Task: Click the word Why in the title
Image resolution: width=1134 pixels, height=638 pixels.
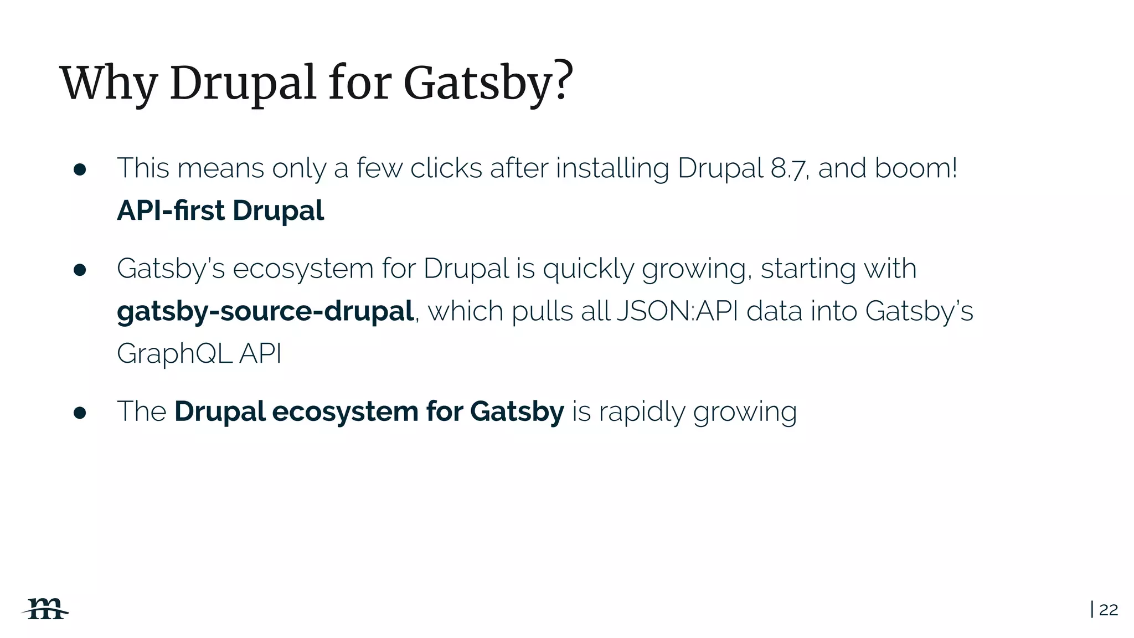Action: tap(109, 84)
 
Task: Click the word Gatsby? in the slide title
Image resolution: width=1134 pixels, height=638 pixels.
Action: tap(488, 84)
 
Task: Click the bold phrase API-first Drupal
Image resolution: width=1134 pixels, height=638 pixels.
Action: tap(220, 210)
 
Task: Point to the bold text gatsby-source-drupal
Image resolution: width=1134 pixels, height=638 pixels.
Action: tap(265, 311)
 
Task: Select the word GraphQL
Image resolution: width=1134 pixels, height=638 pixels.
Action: tap(174, 353)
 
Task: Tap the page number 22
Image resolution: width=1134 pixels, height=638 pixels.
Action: tap(1108, 610)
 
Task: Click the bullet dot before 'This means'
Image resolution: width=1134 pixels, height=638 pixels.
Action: tap(80, 169)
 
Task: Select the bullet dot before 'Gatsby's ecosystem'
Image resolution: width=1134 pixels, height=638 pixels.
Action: tap(80, 270)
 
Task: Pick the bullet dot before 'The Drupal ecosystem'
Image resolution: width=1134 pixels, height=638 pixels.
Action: tap(80, 413)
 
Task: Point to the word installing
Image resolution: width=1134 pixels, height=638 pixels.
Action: tap(612, 169)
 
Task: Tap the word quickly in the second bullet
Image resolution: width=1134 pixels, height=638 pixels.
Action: tap(588, 270)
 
